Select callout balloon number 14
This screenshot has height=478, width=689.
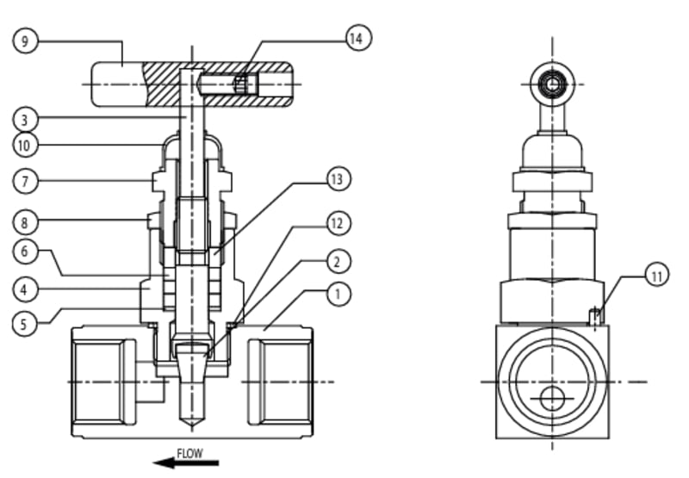pyautogui.click(x=357, y=38)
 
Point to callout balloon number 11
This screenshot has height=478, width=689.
pyautogui.click(x=656, y=276)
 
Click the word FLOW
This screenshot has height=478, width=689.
pyautogui.click(x=189, y=452)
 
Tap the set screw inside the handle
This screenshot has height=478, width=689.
pyautogui.click(x=244, y=84)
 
